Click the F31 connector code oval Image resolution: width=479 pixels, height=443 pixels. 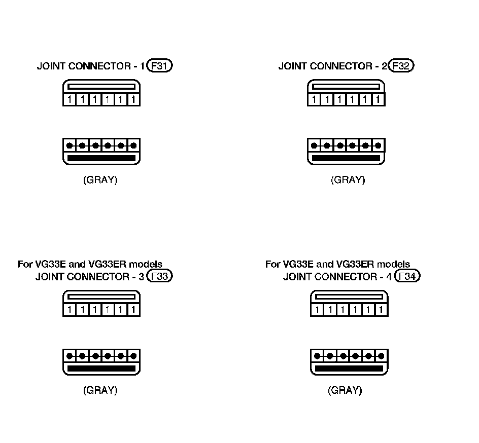159,66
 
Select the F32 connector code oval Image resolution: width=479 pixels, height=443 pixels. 401,66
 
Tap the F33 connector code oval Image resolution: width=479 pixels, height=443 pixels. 159,276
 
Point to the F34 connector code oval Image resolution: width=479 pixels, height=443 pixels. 407,276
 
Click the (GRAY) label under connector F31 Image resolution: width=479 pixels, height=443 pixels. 100,180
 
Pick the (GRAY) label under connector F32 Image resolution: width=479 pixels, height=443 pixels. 348,180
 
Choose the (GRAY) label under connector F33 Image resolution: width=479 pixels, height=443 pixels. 100,390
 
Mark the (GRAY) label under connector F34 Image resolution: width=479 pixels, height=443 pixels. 345,390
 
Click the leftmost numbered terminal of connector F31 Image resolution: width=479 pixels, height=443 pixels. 70,100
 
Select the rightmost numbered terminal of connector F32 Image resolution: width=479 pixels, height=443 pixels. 378,100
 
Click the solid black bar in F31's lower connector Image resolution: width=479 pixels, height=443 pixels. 101,159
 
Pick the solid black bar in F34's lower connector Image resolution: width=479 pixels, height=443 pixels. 349,369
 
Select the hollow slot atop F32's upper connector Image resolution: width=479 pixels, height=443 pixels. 346,87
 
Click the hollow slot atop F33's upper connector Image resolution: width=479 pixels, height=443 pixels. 101,297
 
